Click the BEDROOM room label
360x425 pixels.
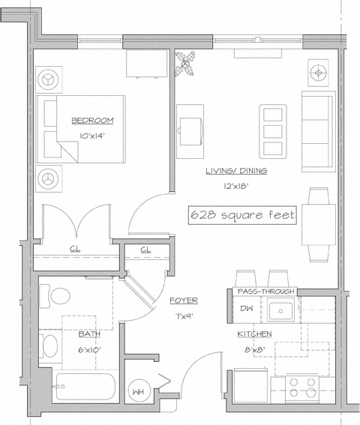[92, 120]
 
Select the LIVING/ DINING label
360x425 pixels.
[236, 171]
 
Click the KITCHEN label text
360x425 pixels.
[254, 334]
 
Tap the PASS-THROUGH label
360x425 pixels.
[266, 291]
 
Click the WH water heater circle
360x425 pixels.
[137, 391]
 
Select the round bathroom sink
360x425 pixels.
[49, 346]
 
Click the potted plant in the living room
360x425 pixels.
[184, 63]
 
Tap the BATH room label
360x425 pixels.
[88, 334]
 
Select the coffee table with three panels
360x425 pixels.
[272, 130]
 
